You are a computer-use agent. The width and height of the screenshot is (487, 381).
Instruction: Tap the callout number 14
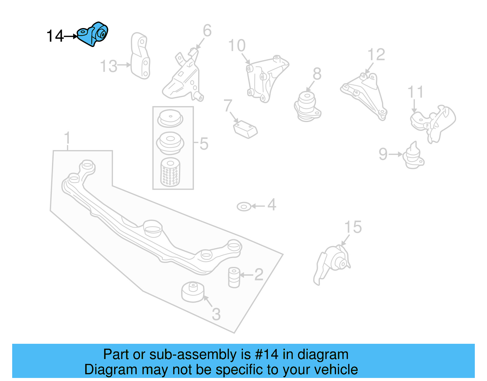(x=55, y=36)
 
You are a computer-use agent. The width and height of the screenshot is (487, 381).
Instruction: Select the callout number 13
(x=109, y=66)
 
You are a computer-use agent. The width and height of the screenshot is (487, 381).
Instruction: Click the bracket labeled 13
(x=140, y=56)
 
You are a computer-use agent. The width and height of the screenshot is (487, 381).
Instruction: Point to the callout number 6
(x=207, y=31)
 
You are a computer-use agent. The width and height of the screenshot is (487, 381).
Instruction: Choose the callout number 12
(x=376, y=55)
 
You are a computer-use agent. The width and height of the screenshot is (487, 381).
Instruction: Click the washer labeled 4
(x=244, y=207)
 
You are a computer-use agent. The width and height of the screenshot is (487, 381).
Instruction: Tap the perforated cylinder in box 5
(x=170, y=172)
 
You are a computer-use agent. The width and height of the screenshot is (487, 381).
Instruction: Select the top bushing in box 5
(x=170, y=119)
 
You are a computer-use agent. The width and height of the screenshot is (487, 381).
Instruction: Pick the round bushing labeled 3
(x=192, y=292)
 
